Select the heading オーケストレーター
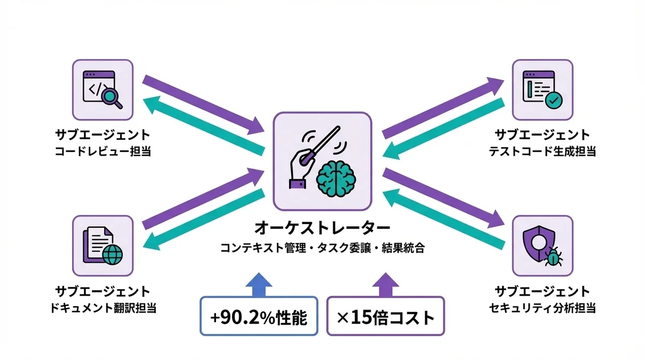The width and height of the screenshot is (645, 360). (322, 228)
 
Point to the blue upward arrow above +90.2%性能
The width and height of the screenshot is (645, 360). (259, 284)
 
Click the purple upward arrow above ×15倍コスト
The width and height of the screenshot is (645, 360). (386, 284)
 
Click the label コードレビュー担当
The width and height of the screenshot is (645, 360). (102, 152)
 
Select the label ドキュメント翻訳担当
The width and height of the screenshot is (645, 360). (102, 308)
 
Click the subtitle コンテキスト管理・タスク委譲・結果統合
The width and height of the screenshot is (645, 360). (322, 248)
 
